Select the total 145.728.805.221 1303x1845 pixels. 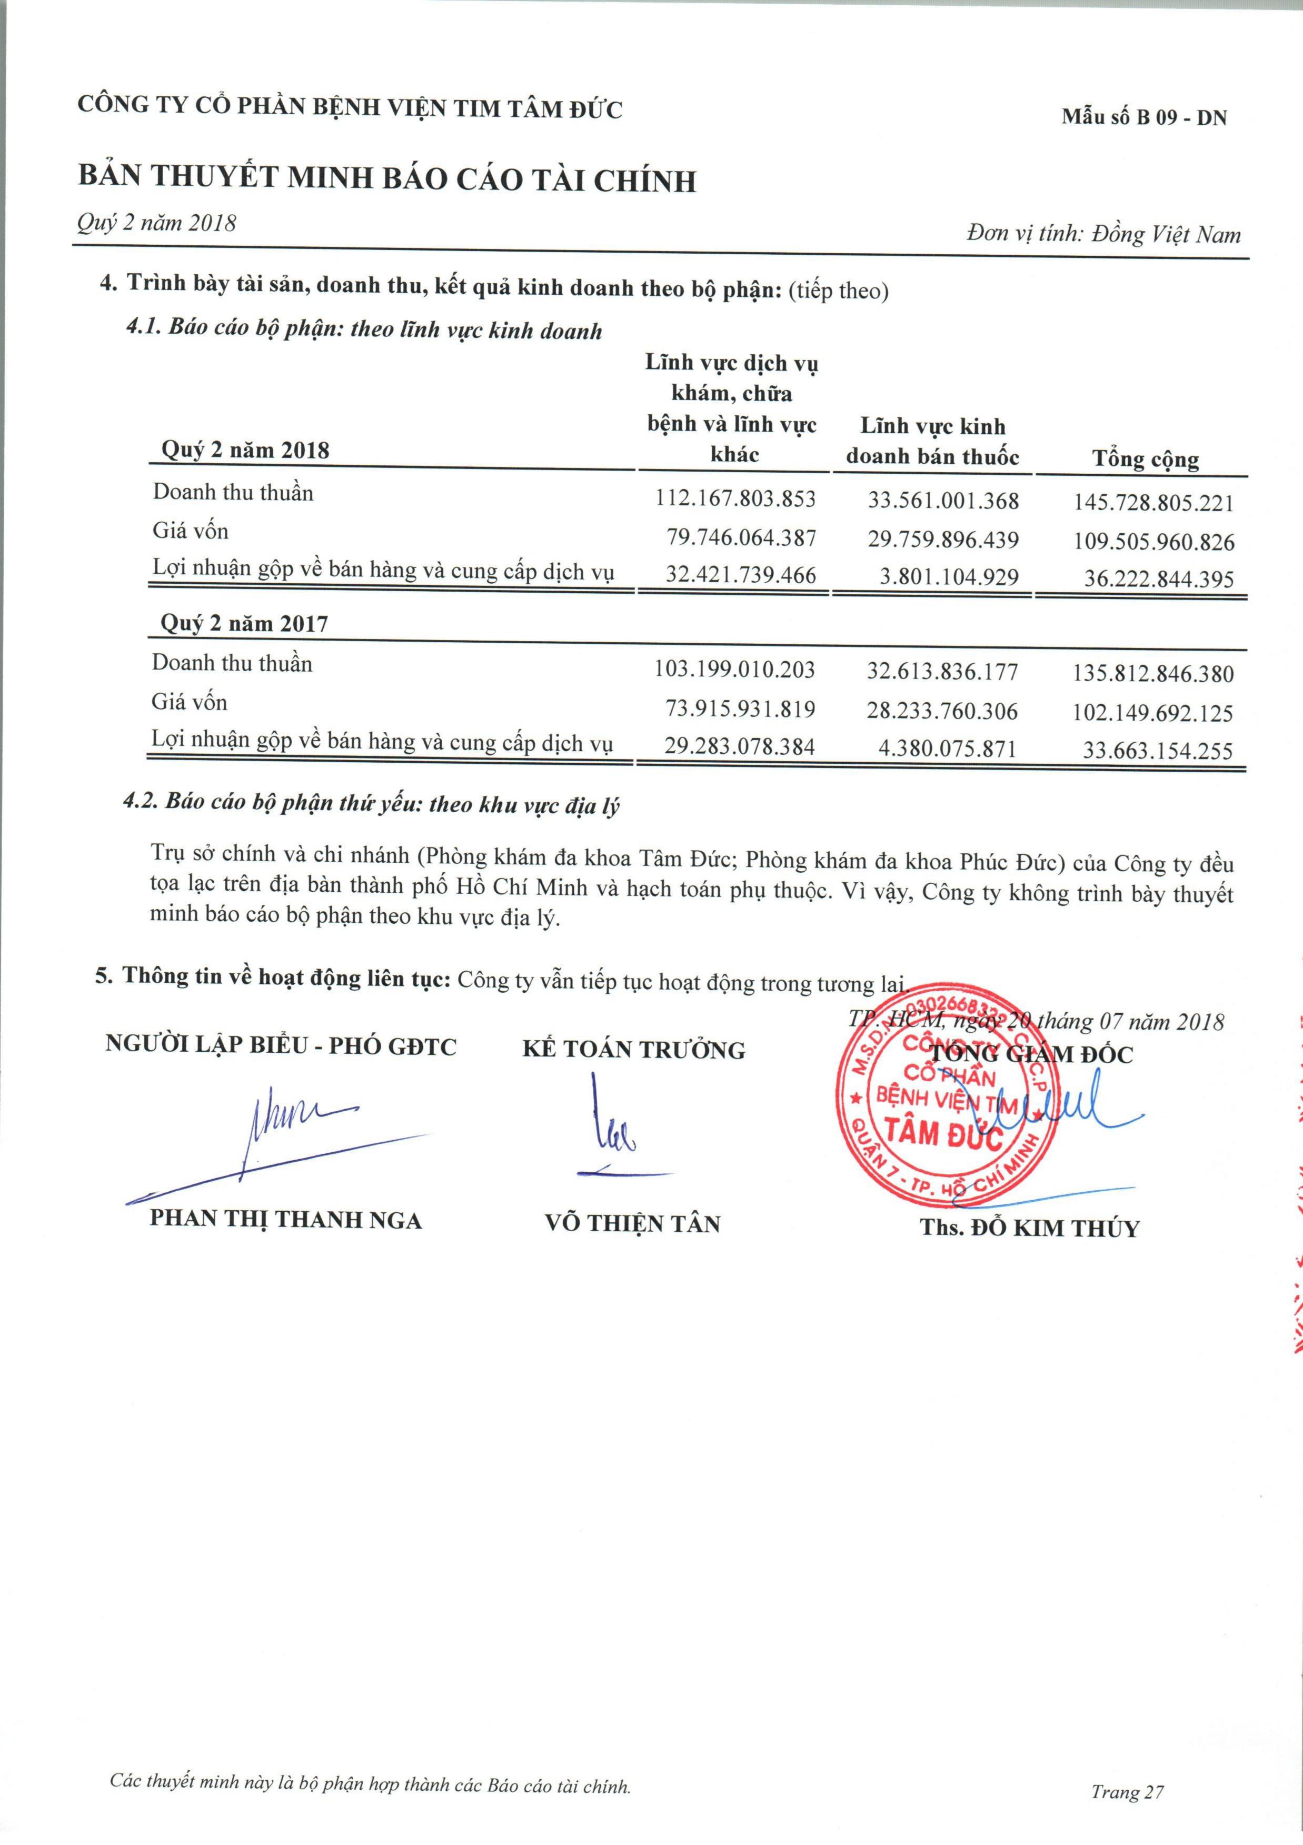1152,503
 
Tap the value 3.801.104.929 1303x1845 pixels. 949,577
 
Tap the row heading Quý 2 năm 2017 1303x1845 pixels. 244,624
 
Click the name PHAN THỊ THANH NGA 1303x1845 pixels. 285,1220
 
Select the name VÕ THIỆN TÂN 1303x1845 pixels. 632,1223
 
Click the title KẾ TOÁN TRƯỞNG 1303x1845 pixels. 633,1050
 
